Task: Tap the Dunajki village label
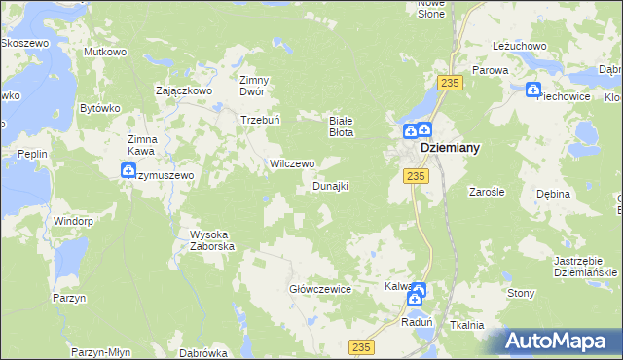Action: click(x=330, y=185)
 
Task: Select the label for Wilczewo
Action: click(x=292, y=163)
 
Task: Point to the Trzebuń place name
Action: click(x=261, y=120)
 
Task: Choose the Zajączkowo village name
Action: click(x=184, y=90)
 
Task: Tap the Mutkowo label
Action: click(x=106, y=51)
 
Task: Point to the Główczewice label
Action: click(x=320, y=289)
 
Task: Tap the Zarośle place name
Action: click(x=485, y=193)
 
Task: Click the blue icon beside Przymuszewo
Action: click(x=128, y=171)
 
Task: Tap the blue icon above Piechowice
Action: click(x=533, y=90)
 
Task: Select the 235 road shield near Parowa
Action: click(x=449, y=84)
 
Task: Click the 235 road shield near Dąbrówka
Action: click(x=361, y=347)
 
